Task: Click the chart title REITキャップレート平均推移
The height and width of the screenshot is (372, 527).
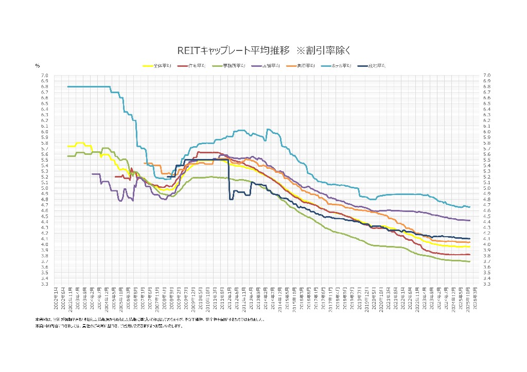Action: pyautogui.click(x=234, y=50)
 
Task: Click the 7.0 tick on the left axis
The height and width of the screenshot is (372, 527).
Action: pyautogui.click(x=45, y=75)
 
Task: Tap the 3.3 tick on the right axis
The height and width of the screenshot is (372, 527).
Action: pyautogui.click(x=487, y=284)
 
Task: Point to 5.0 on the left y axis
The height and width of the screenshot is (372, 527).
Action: pyautogui.click(x=45, y=188)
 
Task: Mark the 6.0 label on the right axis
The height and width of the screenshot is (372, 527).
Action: pyautogui.click(x=487, y=132)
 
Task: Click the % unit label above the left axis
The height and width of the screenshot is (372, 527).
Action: pyautogui.click(x=38, y=66)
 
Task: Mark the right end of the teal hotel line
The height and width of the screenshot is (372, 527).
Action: pyautogui.click(x=469, y=207)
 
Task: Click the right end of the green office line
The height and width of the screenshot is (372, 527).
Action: pyautogui.click(x=469, y=261)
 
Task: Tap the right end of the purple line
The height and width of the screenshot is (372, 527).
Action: pyautogui.click(x=469, y=220)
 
